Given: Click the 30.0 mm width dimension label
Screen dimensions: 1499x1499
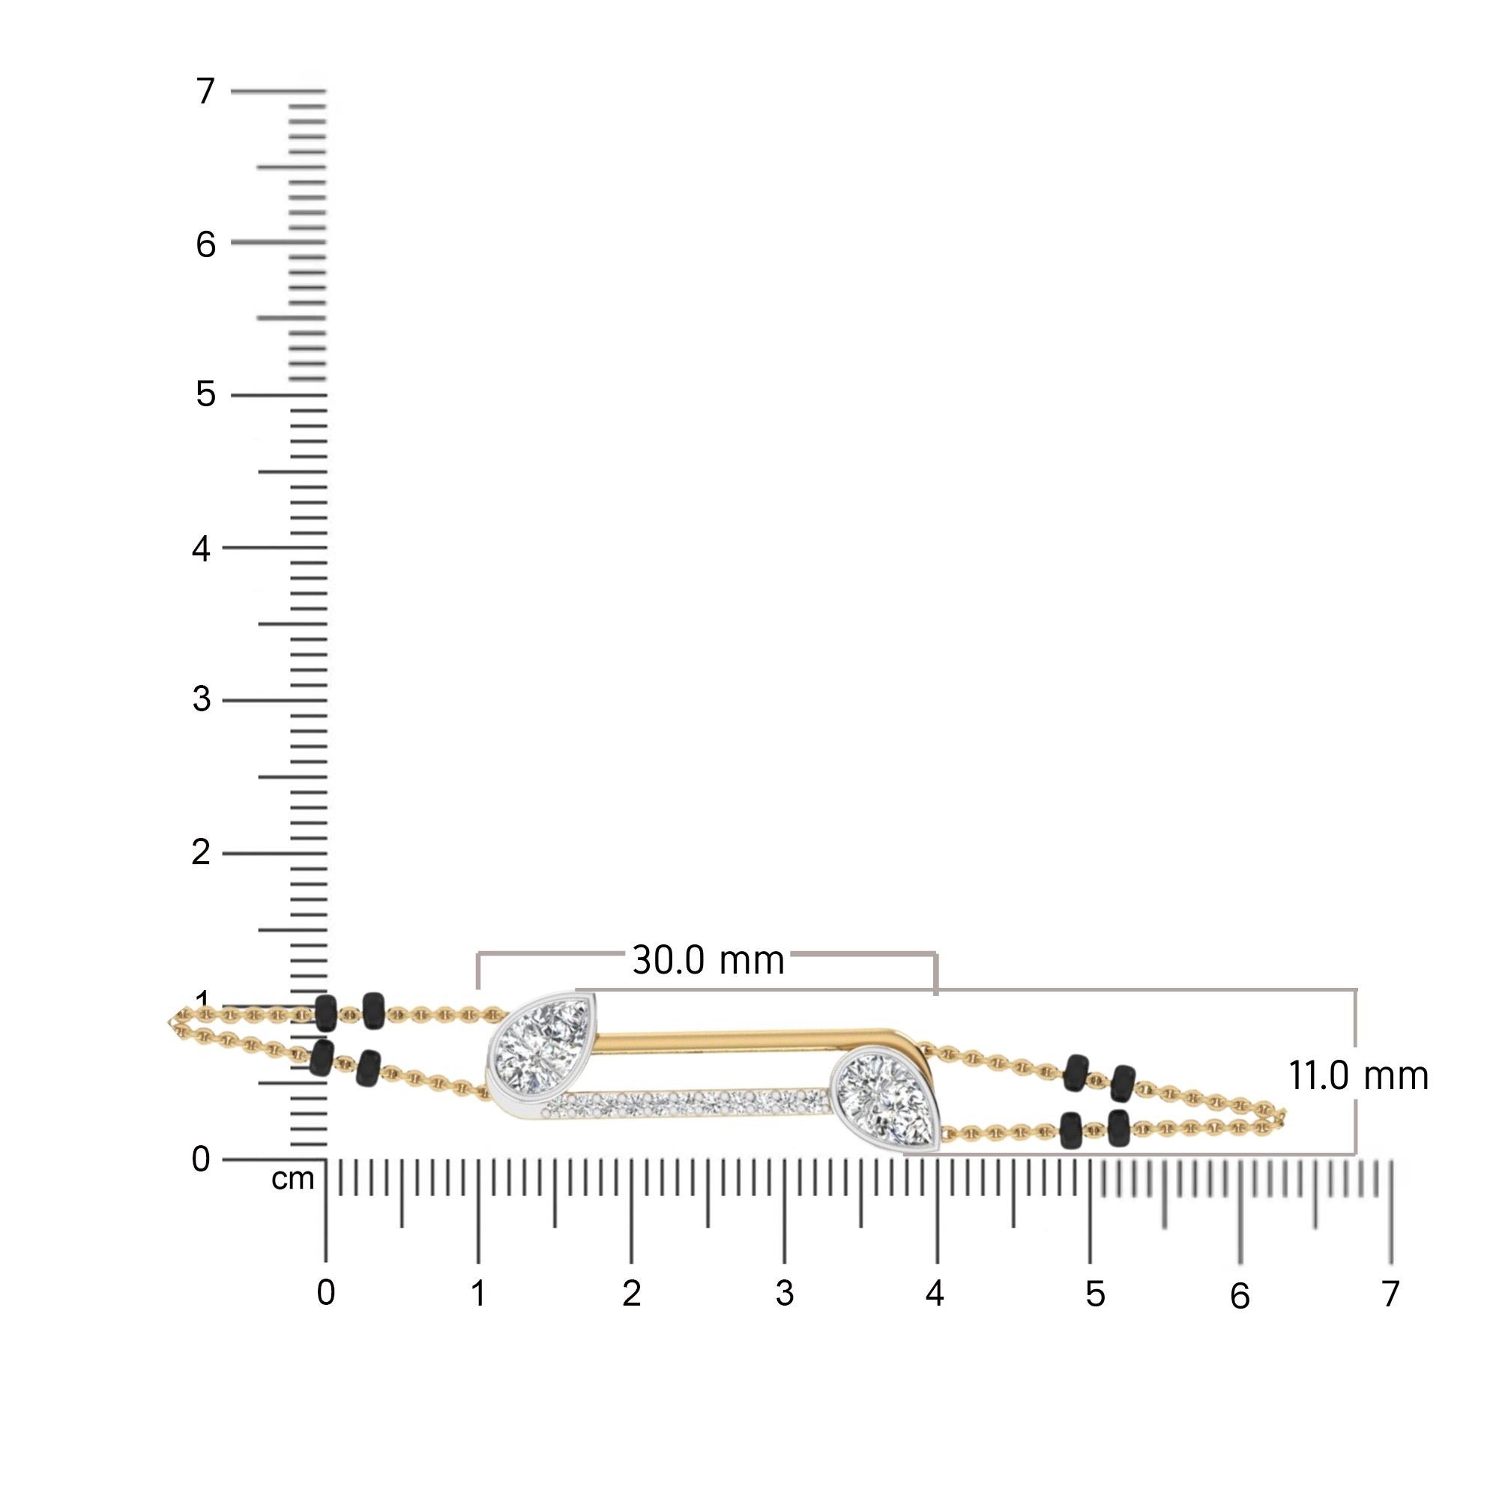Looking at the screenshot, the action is (708, 961).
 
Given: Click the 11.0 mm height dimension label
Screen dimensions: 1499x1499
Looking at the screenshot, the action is (1359, 1076).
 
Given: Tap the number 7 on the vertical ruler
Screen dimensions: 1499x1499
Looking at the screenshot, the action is (205, 91).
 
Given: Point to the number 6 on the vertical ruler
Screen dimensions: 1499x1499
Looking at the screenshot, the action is (205, 244).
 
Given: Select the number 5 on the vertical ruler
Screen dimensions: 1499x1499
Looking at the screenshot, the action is (205, 394).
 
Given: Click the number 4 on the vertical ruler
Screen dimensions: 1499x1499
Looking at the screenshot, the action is (202, 549).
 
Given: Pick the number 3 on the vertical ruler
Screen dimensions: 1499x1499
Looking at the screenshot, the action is (202, 699).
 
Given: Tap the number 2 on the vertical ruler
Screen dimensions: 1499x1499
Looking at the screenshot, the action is (201, 853).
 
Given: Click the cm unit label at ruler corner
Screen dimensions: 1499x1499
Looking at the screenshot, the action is (292, 1179).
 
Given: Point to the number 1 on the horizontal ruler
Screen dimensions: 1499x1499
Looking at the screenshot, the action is (479, 1294).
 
